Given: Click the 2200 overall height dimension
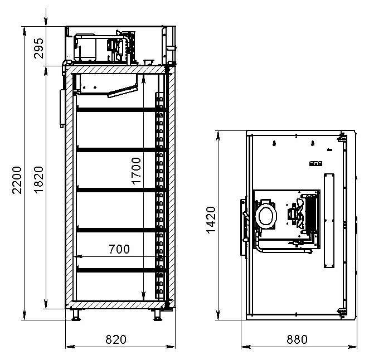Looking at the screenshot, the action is pos(17,180).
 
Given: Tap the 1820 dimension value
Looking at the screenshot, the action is pos(39,180).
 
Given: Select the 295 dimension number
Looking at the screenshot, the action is pos(39,48).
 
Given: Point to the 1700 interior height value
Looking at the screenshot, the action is pos(137,171).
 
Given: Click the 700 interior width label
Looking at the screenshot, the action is pos(119,249).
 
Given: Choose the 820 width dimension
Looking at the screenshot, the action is pos(116,339).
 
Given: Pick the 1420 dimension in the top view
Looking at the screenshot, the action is pos(211,220).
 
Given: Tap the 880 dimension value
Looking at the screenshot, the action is pos(297,339).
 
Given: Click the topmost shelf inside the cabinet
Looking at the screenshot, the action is pos(122,110).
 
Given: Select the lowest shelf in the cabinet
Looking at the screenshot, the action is pos(122,270).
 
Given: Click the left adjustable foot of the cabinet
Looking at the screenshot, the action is pos(76,315).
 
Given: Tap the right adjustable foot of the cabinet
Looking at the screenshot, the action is pos(157,315).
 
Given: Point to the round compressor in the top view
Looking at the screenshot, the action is pos(266,216).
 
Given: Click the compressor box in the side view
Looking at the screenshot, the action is pos(85,48).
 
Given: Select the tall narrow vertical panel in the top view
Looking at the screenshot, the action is pos(329,221).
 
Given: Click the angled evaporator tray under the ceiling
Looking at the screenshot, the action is pos(123,91).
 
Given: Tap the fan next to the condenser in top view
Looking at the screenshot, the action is pos(297,213).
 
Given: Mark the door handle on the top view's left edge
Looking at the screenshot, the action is pos(245,227).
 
